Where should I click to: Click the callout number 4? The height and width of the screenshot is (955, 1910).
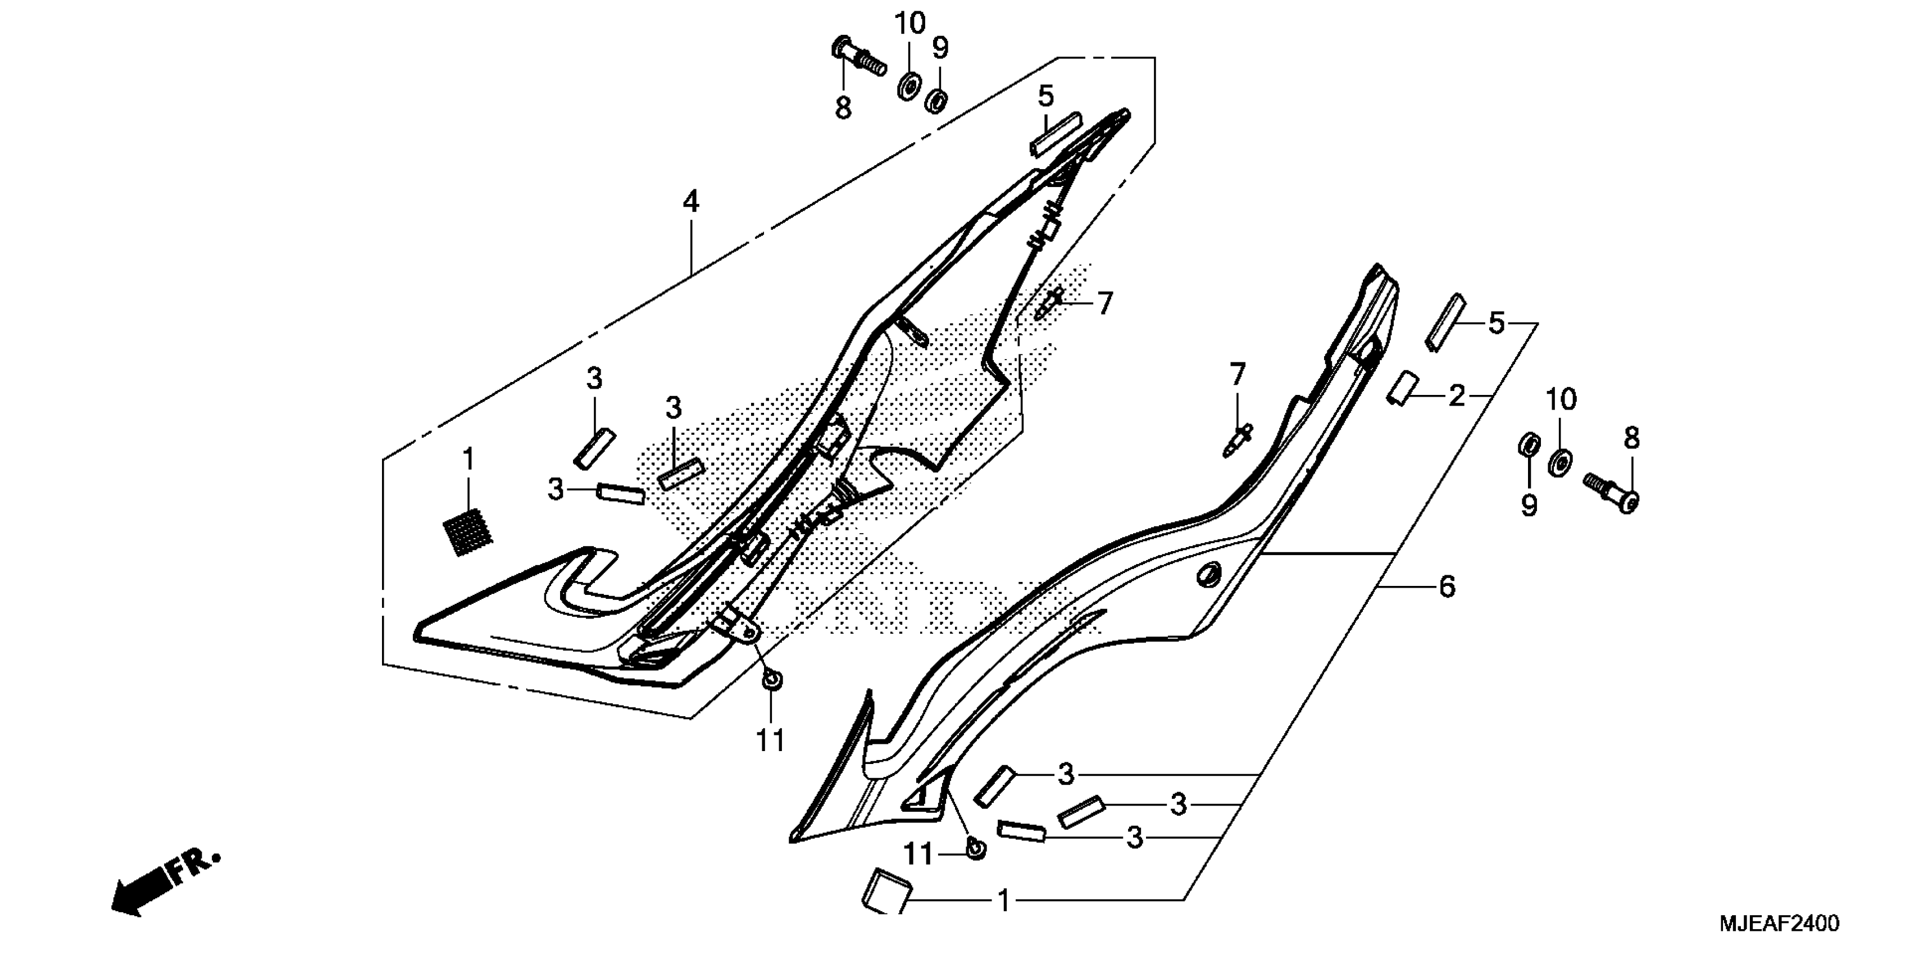(x=690, y=202)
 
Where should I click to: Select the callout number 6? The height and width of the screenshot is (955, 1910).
(x=1447, y=586)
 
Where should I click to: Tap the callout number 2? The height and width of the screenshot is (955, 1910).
(x=1456, y=397)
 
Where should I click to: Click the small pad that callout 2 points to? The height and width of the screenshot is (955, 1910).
(x=1402, y=389)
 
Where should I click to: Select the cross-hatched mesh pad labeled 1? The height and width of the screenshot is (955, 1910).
(x=468, y=531)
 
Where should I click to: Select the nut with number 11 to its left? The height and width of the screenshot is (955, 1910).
(x=976, y=848)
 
